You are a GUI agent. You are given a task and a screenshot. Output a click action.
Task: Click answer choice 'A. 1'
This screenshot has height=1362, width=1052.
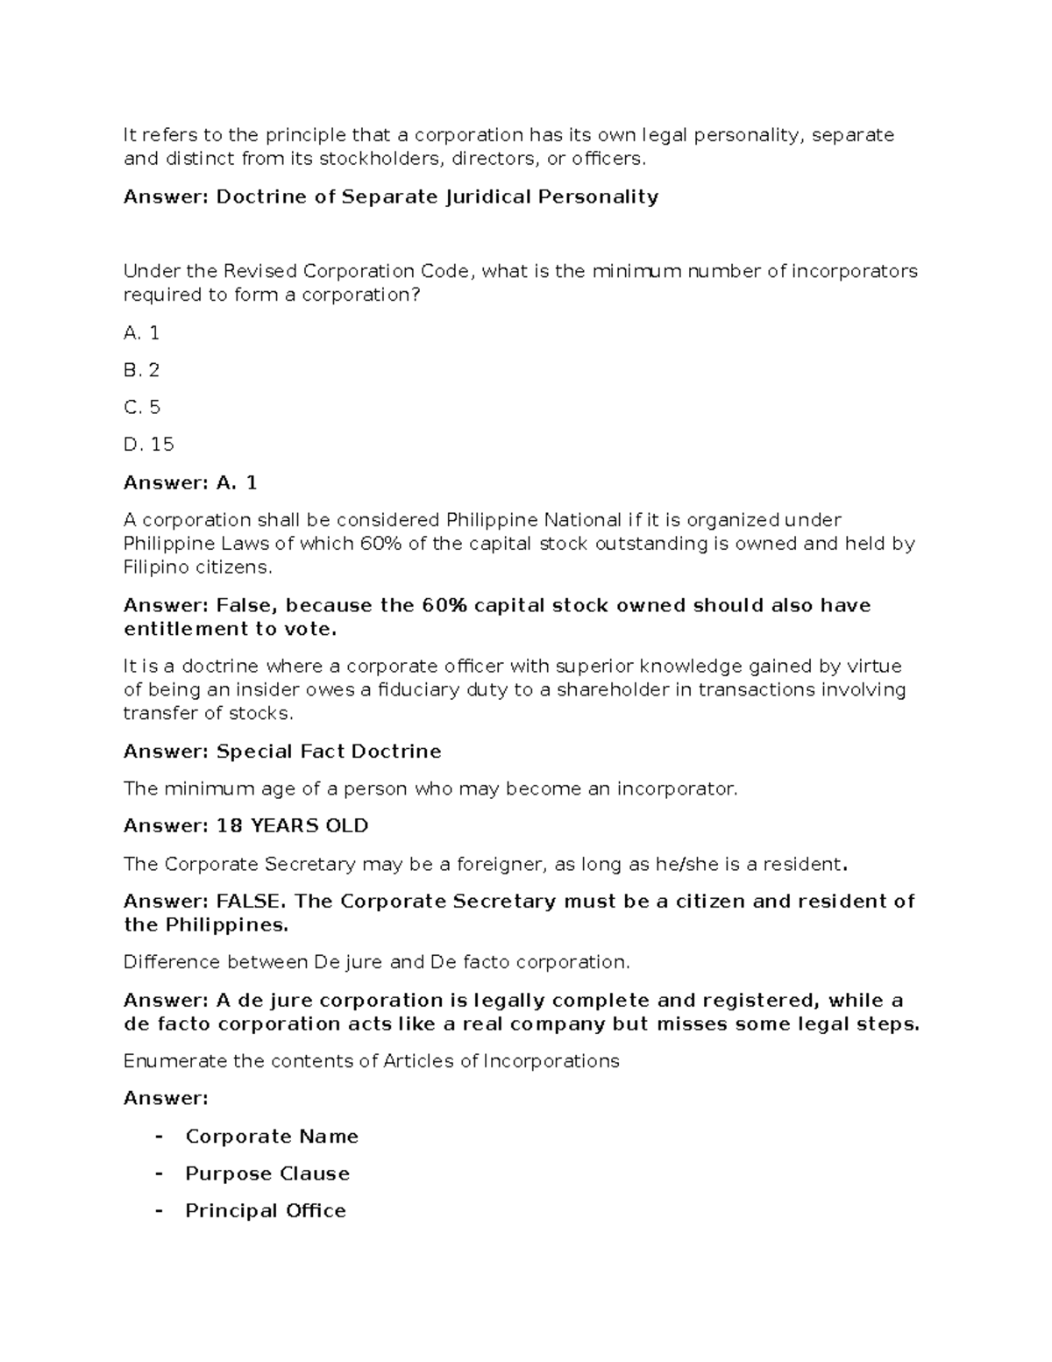click(x=141, y=333)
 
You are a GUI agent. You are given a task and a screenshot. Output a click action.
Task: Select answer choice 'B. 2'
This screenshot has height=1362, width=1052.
click(x=141, y=370)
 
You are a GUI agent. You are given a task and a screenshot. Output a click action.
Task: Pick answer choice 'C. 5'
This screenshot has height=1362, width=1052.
click(x=142, y=408)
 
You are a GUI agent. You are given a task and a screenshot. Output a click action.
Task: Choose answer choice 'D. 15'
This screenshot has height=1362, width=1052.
click(x=148, y=445)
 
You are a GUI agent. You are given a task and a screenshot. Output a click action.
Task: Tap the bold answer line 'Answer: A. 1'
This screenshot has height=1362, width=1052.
click(x=190, y=482)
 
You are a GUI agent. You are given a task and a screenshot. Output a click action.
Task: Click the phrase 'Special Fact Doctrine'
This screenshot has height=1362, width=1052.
click(x=329, y=752)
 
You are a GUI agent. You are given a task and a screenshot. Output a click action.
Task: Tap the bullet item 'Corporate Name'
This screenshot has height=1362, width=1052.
click(x=272, y=1137)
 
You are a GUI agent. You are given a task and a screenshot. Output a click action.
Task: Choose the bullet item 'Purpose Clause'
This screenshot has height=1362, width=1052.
click(x=267, y=1173)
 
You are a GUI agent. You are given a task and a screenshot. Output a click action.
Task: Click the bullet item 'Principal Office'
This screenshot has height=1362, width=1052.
click(x=266, y=1211)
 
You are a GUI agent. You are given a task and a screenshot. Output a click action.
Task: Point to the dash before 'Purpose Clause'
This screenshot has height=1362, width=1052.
click(x=159, y=1173)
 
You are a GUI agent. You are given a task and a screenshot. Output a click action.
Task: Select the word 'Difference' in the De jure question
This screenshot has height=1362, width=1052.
click(x=172, y=962)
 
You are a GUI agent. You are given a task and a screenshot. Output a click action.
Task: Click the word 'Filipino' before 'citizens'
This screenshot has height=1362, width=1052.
click(x=156, y=567)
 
